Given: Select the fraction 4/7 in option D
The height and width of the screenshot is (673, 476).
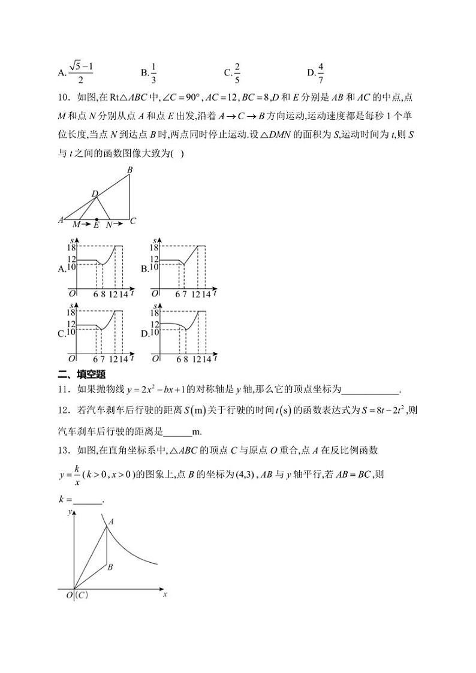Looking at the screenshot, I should click(321, 73).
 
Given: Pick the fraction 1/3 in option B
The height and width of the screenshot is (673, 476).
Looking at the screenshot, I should click(153, 73).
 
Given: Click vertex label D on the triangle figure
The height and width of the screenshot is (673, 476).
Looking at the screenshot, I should click(94, 193).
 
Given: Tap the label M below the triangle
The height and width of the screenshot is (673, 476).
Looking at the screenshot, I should click(76, 225).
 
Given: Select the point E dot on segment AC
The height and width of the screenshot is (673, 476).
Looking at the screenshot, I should click(97, 220).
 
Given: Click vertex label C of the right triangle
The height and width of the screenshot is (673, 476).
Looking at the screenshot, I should click(133, 221).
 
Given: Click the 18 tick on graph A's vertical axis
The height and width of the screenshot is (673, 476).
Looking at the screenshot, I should click(70, 247).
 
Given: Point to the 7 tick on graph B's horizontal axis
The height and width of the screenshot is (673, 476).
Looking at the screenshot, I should click(184, 294).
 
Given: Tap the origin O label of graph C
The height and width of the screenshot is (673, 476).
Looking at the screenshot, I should click(71, 358).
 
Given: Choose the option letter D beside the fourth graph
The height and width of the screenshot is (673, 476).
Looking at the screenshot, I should click(144, 334).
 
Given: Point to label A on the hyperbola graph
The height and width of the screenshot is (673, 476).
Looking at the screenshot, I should click(111, 522).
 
